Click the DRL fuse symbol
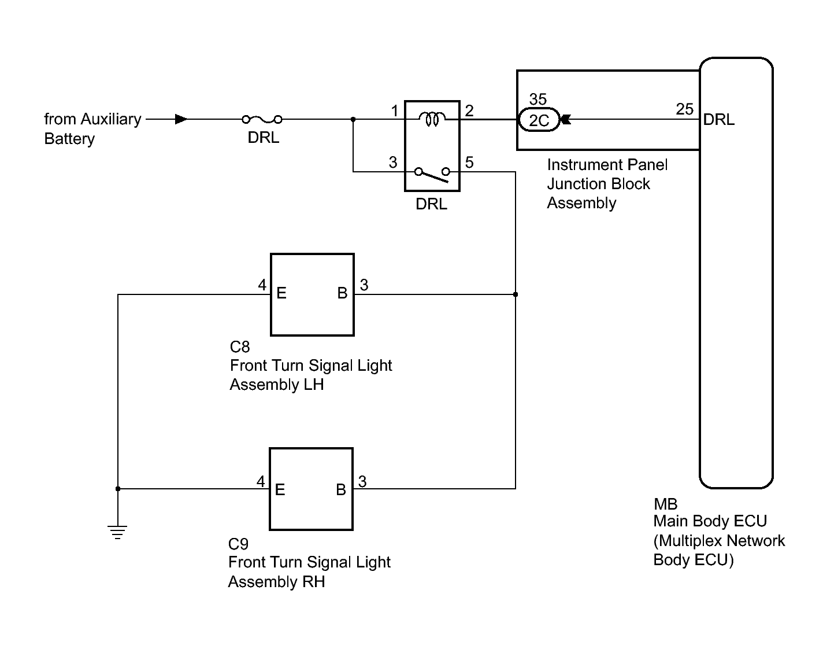click(262, 120)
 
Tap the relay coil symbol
click(432, 119)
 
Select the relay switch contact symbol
click(432, 175)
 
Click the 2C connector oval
click(539, 120)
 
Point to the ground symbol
click(117, 532)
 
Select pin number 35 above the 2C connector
click(538, 99)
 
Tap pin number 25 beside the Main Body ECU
click(685, 109)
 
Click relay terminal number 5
click(469, 163)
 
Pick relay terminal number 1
click(395, 111)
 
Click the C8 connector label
click(239, 347)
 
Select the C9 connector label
click(238, 544)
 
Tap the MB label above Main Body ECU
click(665, 504)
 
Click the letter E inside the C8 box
click(281, 293)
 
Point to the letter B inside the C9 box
click(341, 489)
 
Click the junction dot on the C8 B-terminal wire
click(516, 294)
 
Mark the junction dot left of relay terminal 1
click(353, 120)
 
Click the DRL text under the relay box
click(431, 204)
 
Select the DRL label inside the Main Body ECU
click(718, 120)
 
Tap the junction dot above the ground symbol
click(118, 489)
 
